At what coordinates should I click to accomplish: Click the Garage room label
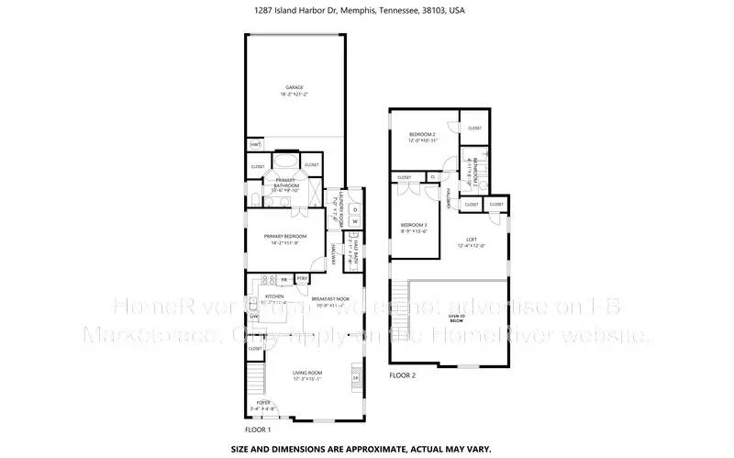[x=294, y=87]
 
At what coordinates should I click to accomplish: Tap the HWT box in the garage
[x=255, y=145]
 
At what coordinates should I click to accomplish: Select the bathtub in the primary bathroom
[x=284, y=157]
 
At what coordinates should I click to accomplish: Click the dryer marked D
[x=355, y=208]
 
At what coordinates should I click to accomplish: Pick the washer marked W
[x=355, y=220]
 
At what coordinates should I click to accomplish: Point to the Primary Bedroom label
[x=284, y=236]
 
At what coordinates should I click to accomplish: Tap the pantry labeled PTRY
[x=302, y=278]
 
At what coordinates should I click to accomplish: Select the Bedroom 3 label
[x=413, y=225]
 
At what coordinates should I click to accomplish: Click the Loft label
[x=470, y=240]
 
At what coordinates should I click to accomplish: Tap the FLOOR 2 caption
[x=403, y=375]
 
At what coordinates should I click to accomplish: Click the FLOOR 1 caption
[x=257, y=430]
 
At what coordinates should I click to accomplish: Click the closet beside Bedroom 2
[x=473, y=128]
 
